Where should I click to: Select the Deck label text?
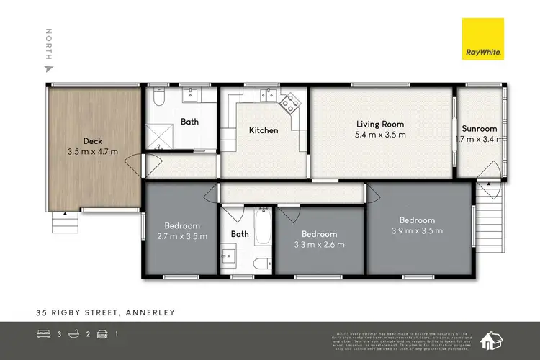(91, 141)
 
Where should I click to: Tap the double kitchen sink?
(267, 94)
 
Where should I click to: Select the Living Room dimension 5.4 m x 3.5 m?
(380, 135)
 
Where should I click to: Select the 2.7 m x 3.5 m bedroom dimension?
(182, 236)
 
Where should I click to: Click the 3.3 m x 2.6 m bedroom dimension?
(319, 245)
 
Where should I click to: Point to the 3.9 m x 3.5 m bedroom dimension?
(418, 230)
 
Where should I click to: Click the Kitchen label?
(263, 130)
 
